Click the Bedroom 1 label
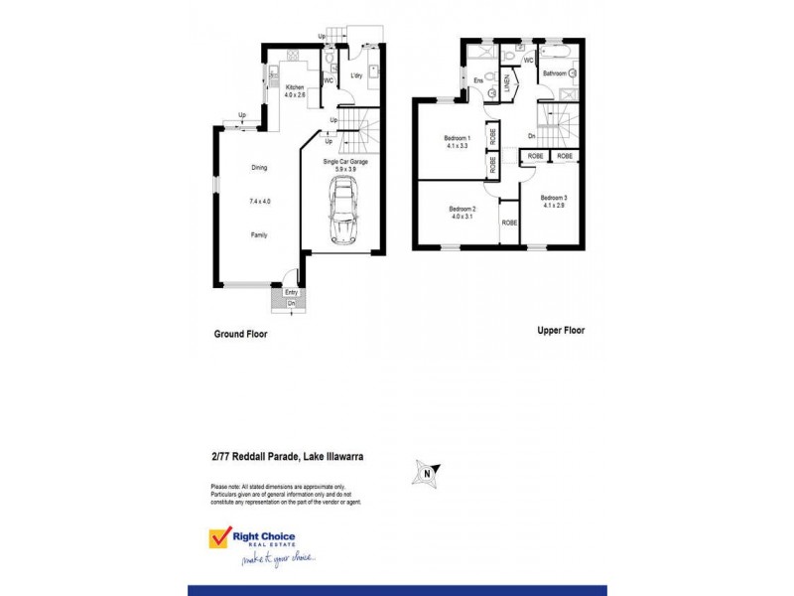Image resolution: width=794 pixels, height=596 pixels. tap(457, 138)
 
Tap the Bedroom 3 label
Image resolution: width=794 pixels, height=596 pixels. tap(554, 199)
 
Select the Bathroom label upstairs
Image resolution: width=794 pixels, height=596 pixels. tap(554, 73)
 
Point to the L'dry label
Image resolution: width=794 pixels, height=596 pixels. tap(355, 75)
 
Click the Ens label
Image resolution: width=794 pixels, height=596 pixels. tap(478, 80)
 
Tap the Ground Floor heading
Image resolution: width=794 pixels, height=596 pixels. tap(241, 335)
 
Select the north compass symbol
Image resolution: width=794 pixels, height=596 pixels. tap(428, 473)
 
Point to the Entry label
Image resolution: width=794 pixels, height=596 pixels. tap(291, 292)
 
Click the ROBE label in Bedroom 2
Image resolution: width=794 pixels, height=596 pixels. tap(509, 223)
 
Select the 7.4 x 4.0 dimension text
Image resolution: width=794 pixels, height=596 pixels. tap(259, 202)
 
